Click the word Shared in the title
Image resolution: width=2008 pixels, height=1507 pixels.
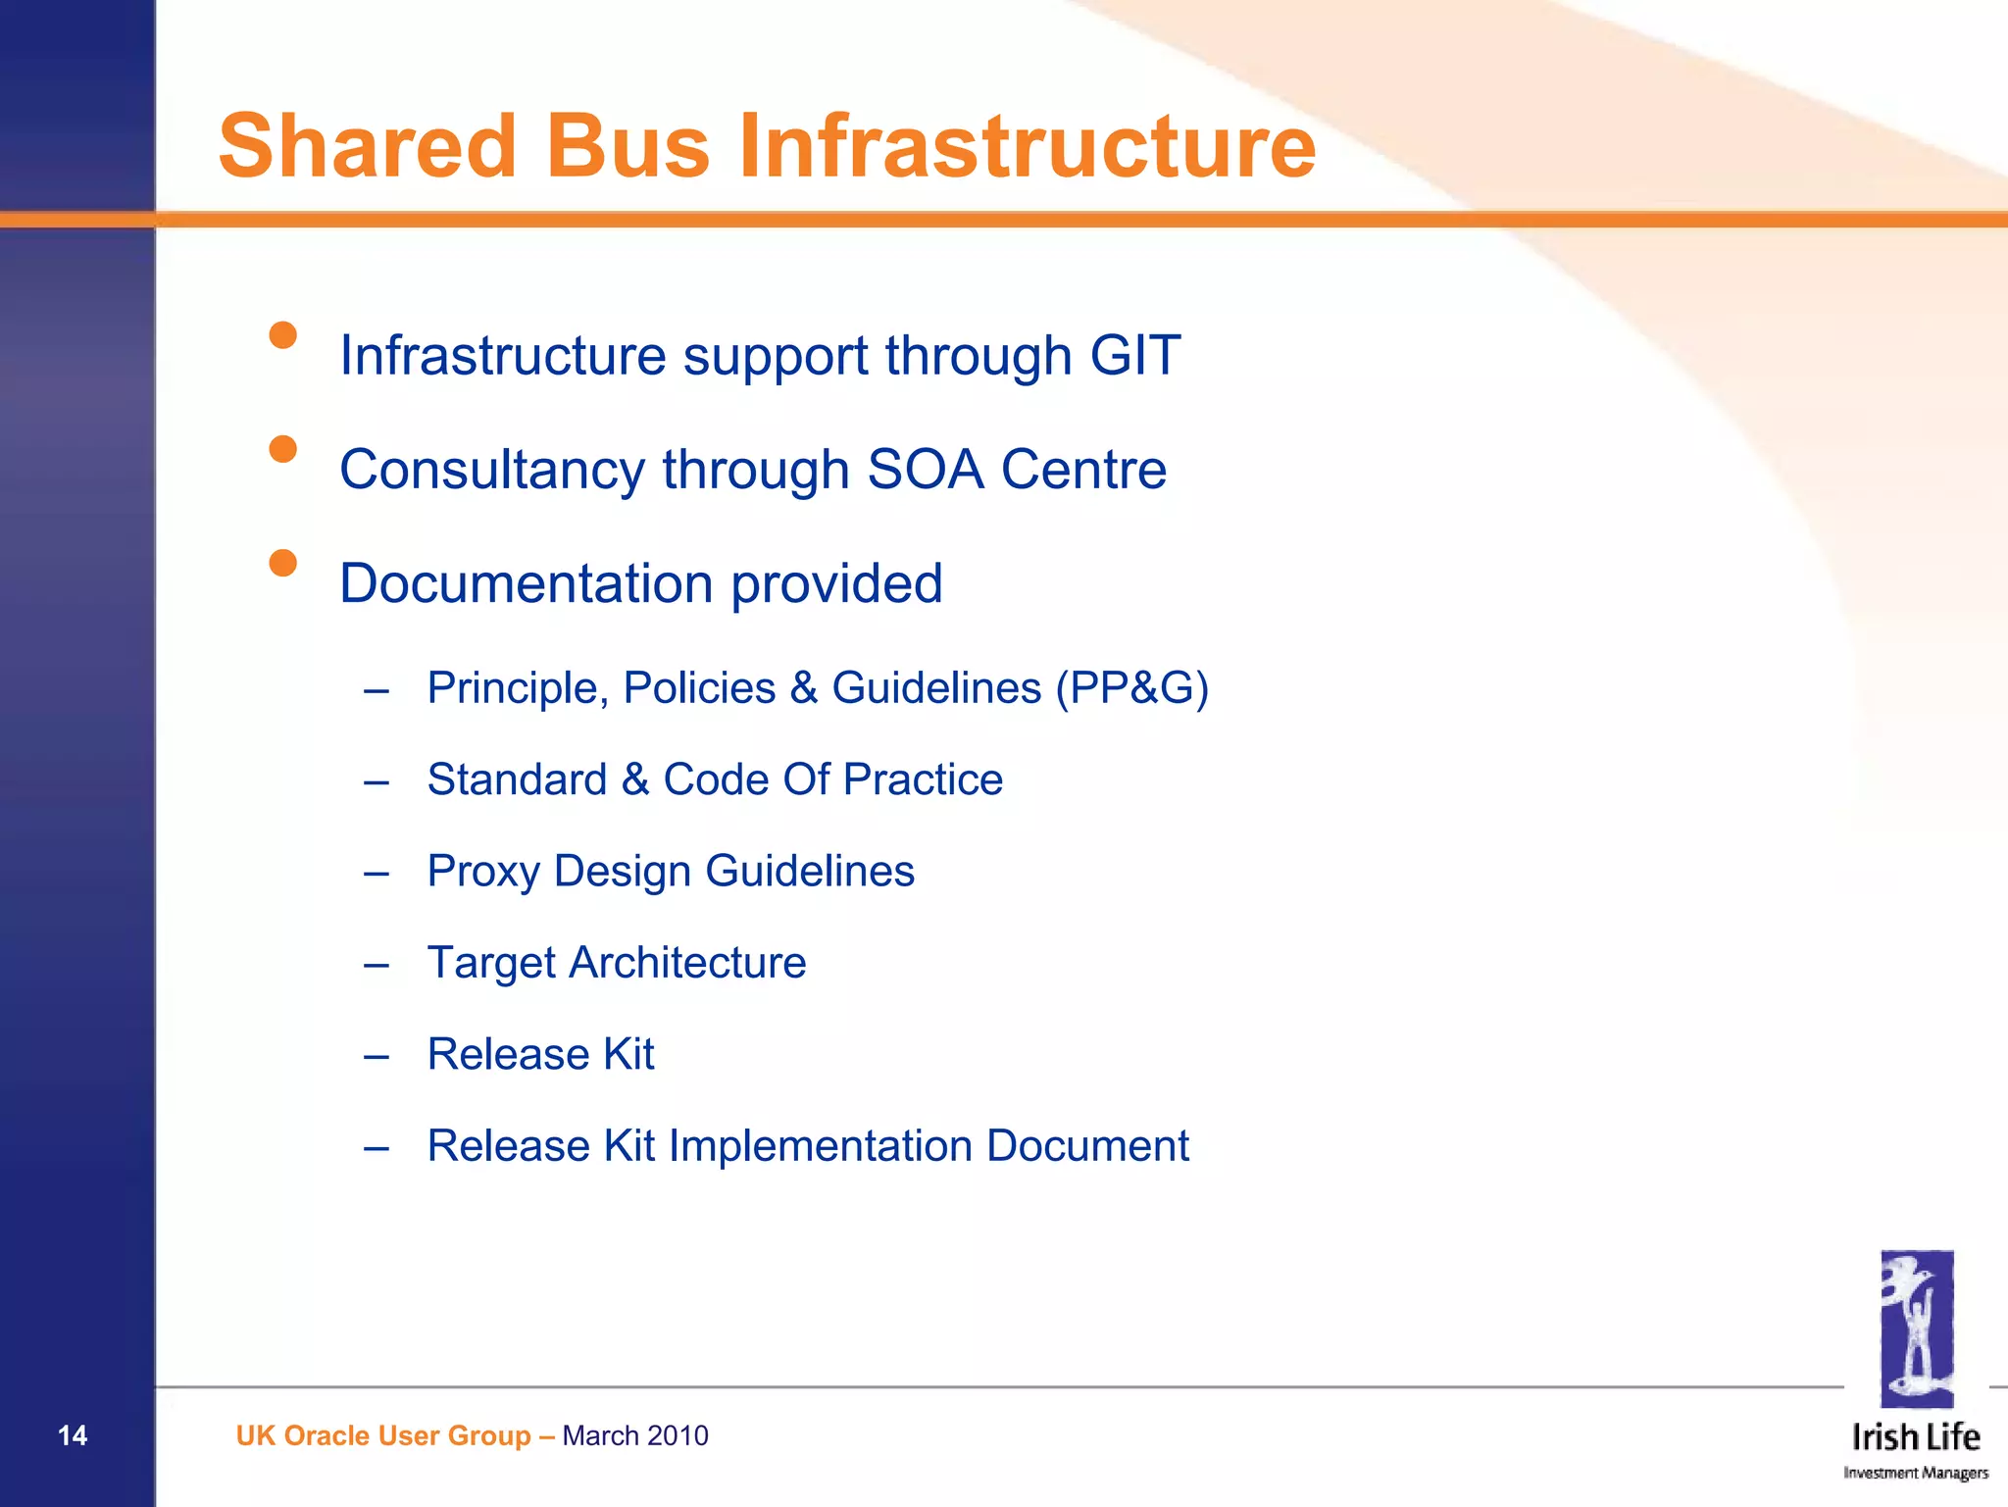367,147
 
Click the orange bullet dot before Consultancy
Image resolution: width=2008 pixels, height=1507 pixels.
283,449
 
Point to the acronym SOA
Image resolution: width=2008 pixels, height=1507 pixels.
925,470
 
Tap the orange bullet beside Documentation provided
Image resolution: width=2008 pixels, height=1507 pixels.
283,563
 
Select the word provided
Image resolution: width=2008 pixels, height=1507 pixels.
836,585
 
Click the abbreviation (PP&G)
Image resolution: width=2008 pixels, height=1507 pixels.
1131,688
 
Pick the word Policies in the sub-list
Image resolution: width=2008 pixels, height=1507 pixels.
699,688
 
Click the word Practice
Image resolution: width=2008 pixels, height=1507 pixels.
923,780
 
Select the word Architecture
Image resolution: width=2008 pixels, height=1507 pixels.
687,963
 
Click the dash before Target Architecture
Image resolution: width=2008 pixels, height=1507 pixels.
376,965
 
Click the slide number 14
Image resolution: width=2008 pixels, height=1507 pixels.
73,1435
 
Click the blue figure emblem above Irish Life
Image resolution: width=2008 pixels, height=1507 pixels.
1917,1329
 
